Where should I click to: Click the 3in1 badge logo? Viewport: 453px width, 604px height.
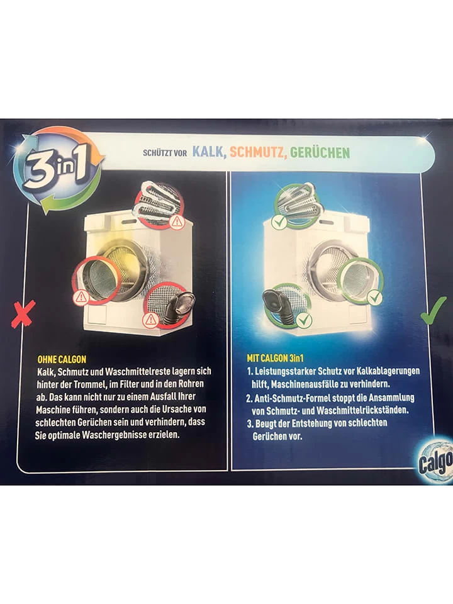point(58,169)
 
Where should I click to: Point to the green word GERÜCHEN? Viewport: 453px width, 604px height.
point(320,152)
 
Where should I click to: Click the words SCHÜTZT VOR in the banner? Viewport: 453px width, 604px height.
point(165,153)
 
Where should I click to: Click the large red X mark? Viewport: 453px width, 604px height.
point(23,314)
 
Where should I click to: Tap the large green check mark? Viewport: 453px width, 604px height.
point(433,310)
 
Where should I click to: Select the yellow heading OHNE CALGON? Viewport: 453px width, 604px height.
point(62,359)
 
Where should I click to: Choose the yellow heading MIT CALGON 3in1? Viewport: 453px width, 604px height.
point(275,358)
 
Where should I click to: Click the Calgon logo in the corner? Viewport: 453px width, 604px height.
point(435,462)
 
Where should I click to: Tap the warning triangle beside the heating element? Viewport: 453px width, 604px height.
point(177,222)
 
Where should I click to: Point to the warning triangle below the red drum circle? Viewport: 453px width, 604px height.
point(81,297)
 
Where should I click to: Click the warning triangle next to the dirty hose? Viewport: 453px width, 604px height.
point(150,320)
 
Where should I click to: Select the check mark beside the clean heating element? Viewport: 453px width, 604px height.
point(279,222)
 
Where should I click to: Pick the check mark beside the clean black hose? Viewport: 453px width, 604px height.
point(304,320)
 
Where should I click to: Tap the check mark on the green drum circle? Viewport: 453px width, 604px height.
point(374,297)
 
